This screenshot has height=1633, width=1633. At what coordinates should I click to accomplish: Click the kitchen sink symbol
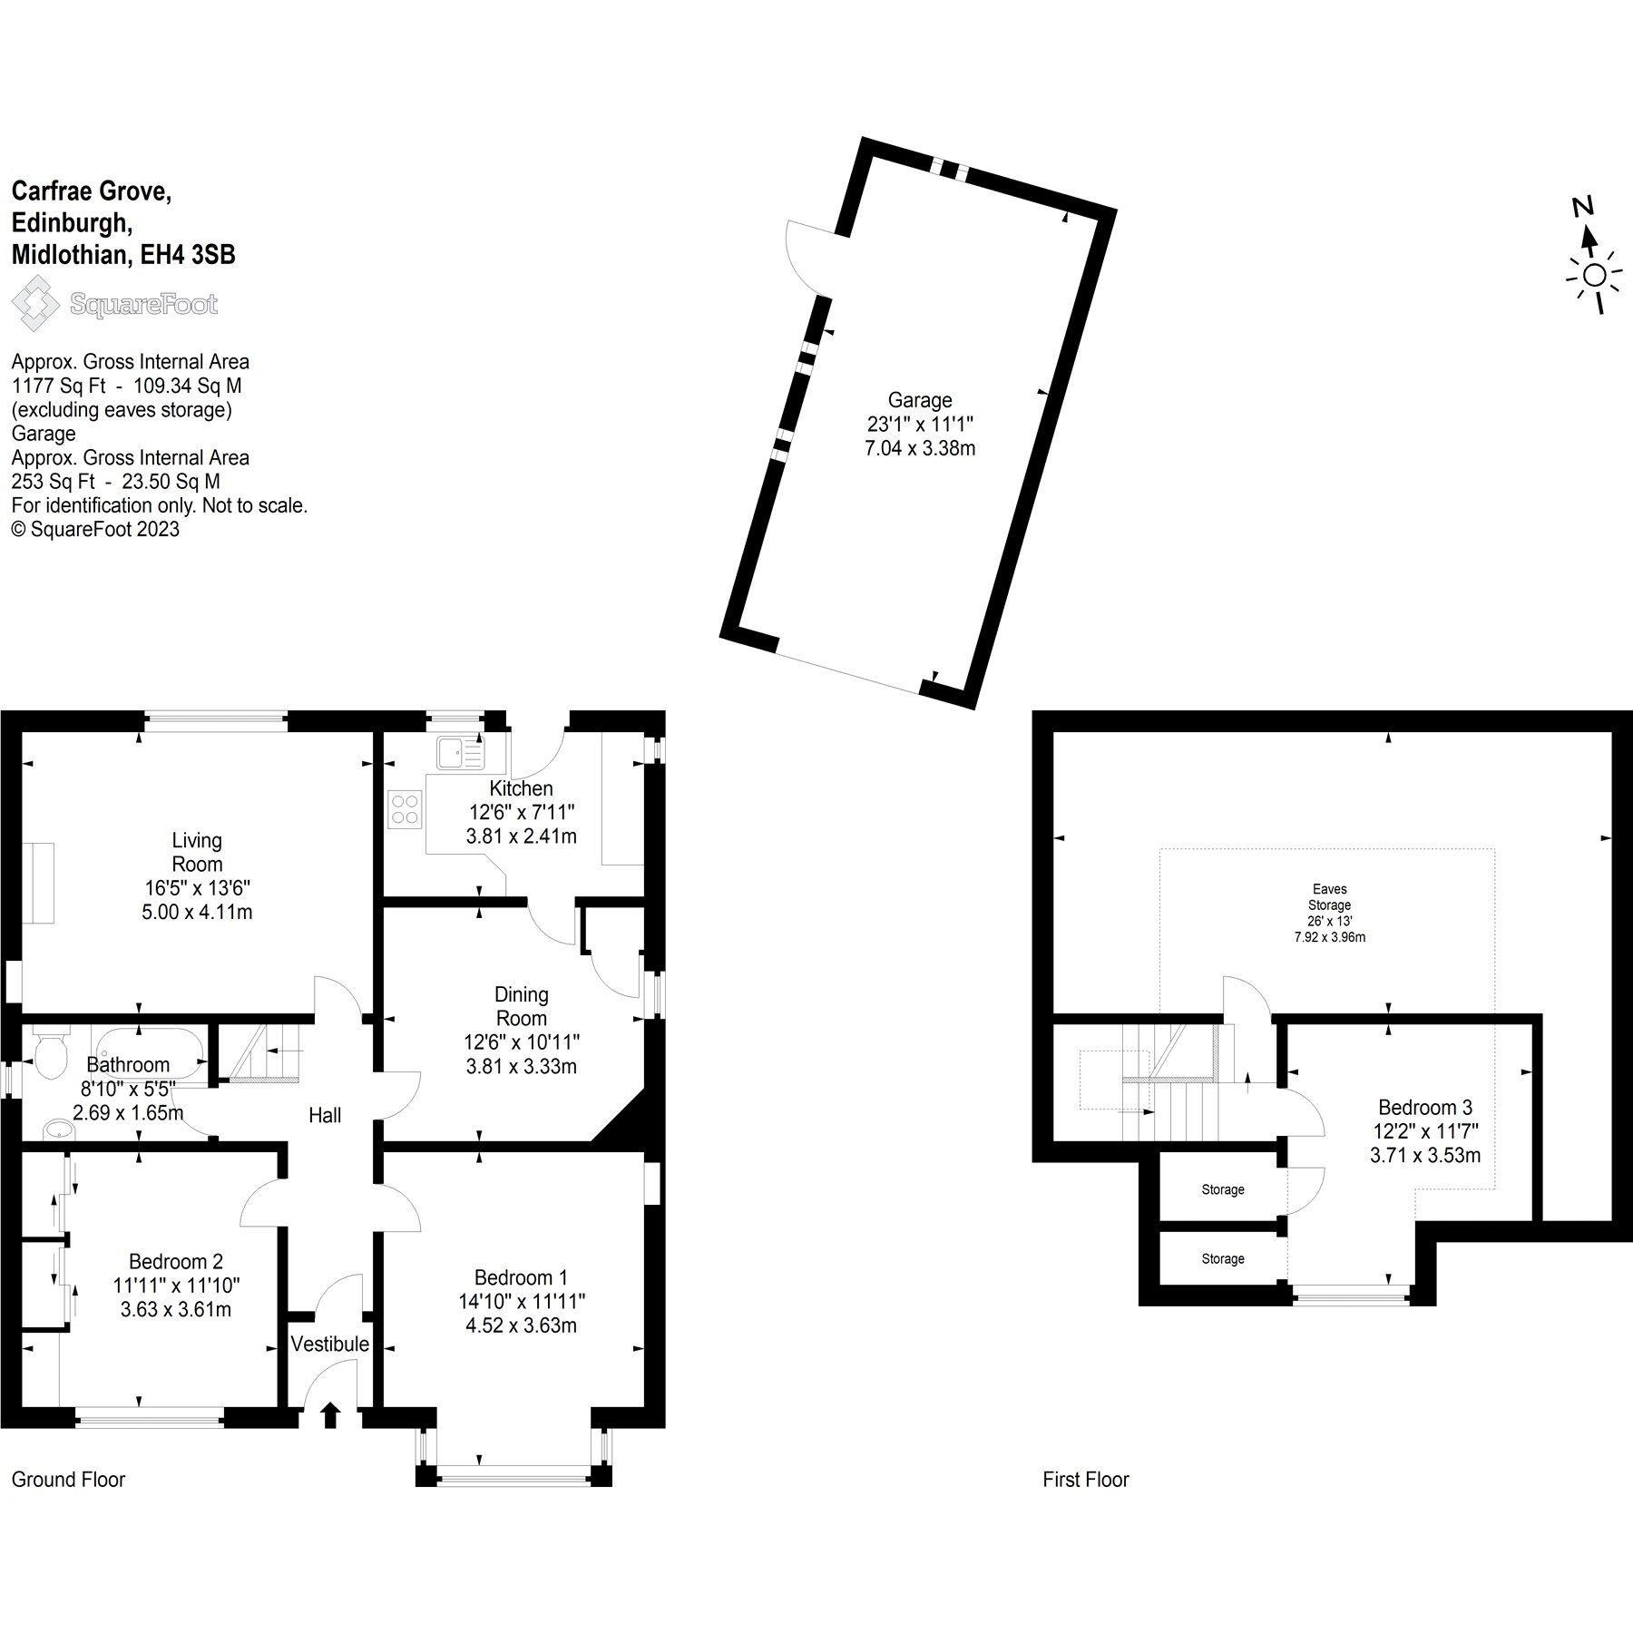coord(459,752)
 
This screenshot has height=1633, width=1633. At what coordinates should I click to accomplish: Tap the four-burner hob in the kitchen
coord(405,808)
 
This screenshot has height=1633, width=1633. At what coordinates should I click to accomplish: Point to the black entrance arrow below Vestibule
coord(330,1414)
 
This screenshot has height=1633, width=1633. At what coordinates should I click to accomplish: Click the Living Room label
coord(197,852)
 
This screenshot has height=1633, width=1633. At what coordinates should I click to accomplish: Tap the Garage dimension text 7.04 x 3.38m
coord(920,448)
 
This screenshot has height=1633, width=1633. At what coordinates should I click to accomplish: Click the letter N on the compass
coord(1583,207)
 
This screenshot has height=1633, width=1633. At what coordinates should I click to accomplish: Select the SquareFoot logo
coord(113,303)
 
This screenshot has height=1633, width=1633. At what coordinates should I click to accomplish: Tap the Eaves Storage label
coord(1329,897)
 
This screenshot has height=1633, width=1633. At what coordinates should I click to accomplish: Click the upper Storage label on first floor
coord(1223,1189)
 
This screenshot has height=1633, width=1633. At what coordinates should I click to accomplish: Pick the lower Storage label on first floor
coord(1223,1259)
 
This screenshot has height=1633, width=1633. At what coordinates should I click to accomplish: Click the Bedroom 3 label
coord(1424,1107)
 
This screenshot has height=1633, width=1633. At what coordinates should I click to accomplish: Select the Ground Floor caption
coord(68,1479)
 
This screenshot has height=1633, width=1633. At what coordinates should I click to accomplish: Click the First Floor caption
coord(1086,1479)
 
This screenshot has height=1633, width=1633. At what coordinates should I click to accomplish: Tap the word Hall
coord(325,1115)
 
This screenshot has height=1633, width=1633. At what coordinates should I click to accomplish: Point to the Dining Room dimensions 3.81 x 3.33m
coord(521,1066)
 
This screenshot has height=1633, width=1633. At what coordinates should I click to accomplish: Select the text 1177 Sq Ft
coord(61,386)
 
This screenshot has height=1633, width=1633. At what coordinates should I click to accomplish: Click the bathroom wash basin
coord(59,1129)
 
